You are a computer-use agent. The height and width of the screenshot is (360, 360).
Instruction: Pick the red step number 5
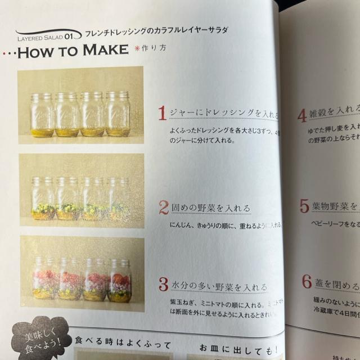pos(304,206)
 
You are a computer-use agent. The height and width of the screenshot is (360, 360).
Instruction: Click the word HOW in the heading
pos(38,52)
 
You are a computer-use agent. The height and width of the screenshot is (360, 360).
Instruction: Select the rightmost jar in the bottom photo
pos(119,280)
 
